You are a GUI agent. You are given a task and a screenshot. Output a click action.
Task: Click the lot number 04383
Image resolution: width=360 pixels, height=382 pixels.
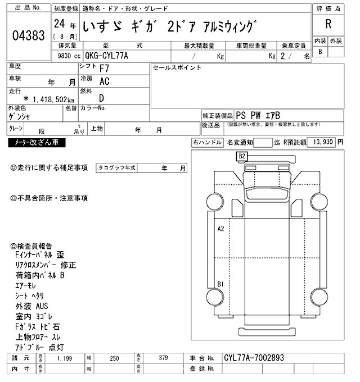click(x=28, y=35)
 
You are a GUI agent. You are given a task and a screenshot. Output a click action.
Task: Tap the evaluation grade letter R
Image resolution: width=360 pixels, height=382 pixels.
click(x=327, y=25)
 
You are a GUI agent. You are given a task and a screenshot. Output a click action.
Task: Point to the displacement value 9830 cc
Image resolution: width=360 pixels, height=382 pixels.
click(x=66, y=56)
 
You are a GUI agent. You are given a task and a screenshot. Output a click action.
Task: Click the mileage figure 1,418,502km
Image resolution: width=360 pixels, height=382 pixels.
click(x=48, y=99)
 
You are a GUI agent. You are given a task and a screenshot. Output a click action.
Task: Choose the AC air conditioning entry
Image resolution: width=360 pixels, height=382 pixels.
click(x=105, y=81)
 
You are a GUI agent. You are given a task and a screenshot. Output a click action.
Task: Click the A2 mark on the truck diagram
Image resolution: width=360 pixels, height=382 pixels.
click(x=221, y=229)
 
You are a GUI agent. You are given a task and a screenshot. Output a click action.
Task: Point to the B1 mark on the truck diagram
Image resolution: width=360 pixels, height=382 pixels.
click(x=221, y=284)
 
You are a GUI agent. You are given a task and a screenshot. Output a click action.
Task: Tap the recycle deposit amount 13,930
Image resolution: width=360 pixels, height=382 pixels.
click(x=321, y=143)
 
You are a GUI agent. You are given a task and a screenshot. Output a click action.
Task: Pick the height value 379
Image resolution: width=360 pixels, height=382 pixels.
click(x=163, y=358)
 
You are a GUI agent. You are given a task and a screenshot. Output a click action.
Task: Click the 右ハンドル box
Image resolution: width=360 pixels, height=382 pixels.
click(x=207, y=143)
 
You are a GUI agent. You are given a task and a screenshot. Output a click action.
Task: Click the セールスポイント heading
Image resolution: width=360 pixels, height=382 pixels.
click(x=177, y=68)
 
